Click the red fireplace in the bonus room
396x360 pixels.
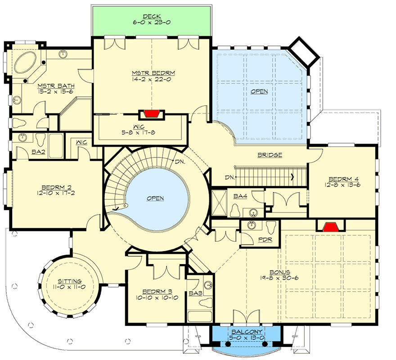[x=331, y=225]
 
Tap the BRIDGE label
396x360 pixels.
[x=270, y=155]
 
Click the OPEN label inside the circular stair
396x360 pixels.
[x=155, y=198]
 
